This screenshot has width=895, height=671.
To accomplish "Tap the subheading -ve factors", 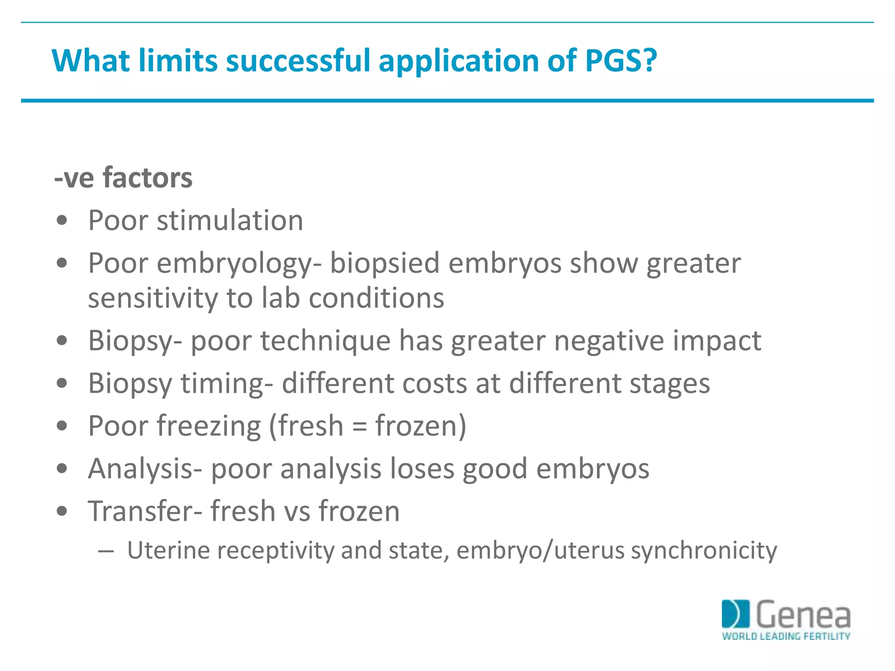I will pyautogui.click(x=123, y=178).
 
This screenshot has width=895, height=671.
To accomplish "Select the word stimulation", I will pyautogui.click(x=230, y=220).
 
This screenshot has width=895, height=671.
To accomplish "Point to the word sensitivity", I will pyautogui.click(x=153, y=298).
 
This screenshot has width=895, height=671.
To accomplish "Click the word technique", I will pyautogui.click(x=326, y=341).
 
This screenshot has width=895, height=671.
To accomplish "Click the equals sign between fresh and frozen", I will pyautogui.click(x=359, y=426).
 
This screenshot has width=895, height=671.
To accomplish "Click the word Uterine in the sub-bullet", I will pyautogui.click(x=168, y=550).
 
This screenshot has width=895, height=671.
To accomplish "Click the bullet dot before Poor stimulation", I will pyautogui.click(x=62, y=221).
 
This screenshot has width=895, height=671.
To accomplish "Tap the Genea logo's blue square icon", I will pyautogui.click(x=735, y=614).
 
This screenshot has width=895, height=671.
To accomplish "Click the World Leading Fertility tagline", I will pyautogui.click(x=786, y=636).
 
